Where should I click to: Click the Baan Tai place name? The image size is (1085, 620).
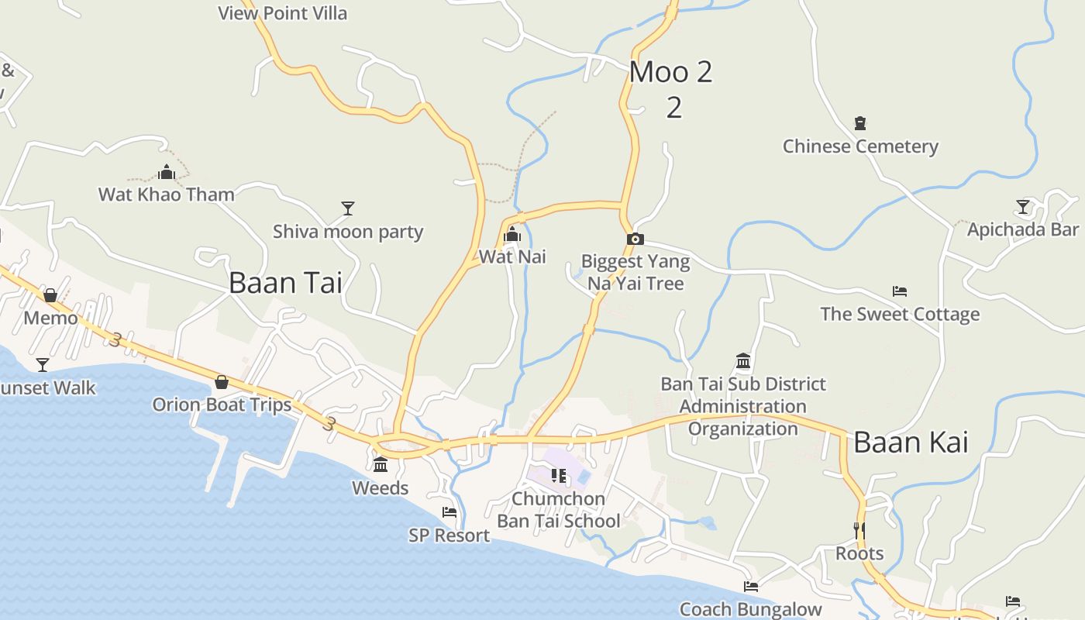(285, 283)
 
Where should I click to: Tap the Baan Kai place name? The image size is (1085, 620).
(911, 443)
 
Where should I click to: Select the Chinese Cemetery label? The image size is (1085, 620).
(860, 146)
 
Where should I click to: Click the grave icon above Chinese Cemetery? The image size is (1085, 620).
(859, 122)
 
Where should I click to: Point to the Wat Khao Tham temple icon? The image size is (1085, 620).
(166, 172)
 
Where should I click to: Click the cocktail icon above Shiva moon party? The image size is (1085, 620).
(348, 208)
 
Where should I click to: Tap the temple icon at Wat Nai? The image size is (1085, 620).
(511, 235)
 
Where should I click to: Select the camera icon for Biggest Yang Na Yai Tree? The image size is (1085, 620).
(635, 239)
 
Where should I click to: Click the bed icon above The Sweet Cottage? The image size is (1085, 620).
(899, 291)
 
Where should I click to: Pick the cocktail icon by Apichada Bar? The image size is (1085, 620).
(1023, 207)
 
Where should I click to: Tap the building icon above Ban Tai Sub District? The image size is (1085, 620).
(743, 361)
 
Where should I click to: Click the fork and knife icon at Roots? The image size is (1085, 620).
(859, 530)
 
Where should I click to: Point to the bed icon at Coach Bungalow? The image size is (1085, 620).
(750, 587)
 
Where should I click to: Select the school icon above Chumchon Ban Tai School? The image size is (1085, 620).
(558, 475)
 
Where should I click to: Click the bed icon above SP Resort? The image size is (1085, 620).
(449, 512)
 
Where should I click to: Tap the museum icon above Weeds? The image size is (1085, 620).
(381, 465)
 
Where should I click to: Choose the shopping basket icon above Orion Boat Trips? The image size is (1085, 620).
(222, 381)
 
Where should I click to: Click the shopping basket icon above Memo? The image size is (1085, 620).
(50, 295)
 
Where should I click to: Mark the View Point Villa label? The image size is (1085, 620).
(282, 13)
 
